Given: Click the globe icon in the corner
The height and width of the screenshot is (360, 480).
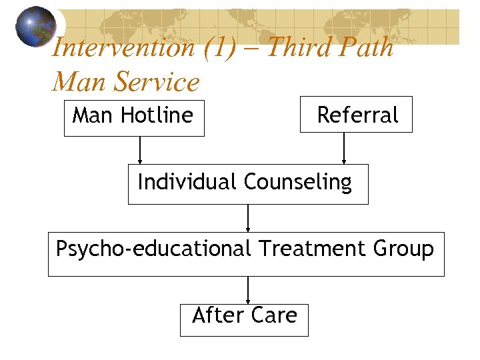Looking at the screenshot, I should point(36,27).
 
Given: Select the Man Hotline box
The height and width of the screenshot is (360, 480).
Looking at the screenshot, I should point(134,118).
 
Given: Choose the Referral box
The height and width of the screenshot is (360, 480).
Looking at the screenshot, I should point(356,115).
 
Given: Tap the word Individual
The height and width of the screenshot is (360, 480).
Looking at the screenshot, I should point(187,181).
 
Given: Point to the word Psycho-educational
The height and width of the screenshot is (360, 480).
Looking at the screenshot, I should point(153,249).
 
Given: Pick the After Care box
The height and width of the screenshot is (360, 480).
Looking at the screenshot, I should point(244,319).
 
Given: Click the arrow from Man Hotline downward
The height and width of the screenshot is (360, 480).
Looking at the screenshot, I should point(140,150).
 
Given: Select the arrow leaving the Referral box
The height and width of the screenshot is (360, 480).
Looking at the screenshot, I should point(344,148).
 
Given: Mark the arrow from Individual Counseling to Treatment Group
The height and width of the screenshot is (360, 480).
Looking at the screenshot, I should point(248,218).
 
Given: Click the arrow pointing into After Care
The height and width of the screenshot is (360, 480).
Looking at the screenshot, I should point(248,290).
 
